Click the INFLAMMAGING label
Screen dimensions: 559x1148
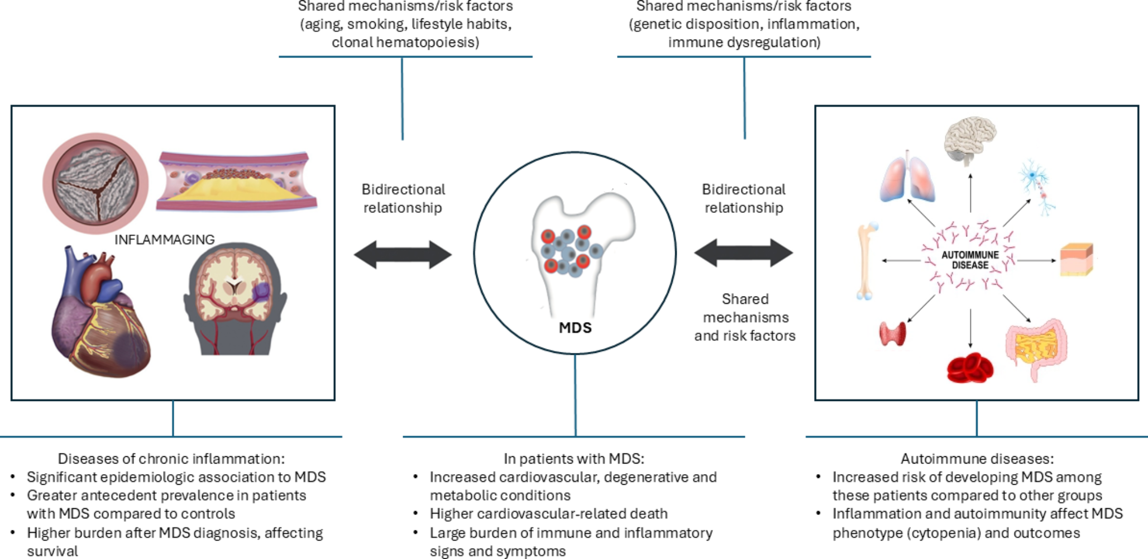[x=164, y=240]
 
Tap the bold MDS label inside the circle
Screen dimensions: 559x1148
[x=575, y=328]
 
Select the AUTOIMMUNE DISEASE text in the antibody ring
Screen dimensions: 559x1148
[x=970, y=260]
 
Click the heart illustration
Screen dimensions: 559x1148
[x=101, y=313]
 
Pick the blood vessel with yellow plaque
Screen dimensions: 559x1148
[x=237, y=181]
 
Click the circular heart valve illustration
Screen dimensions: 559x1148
[x=95, y=183]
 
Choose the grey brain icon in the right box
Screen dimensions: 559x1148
[x=970, y=140]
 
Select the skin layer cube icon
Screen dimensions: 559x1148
[x=1076, y=260]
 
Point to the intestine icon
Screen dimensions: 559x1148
[x=1036, y=349]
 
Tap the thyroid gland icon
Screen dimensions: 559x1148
[x=892, y=334]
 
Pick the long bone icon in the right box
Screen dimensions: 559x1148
[x=866, y=261]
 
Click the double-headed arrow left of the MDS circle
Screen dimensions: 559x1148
[x=403, y=255]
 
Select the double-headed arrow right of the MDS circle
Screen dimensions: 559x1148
[x=744, y=252]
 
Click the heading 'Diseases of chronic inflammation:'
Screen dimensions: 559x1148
[x=171, y=459]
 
